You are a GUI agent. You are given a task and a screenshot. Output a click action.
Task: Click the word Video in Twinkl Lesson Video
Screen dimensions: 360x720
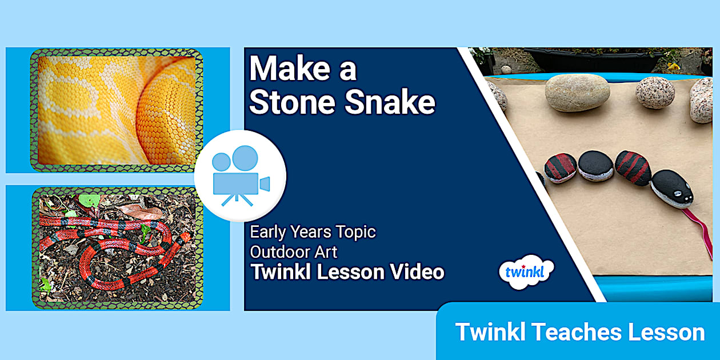pos(416,272)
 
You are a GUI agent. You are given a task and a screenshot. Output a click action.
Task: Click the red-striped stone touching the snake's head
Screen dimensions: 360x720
pos(633,167)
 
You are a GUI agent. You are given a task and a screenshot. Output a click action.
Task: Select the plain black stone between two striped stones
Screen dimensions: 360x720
pos(595,166)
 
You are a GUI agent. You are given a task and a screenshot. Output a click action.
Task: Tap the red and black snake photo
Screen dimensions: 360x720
pos(117,247)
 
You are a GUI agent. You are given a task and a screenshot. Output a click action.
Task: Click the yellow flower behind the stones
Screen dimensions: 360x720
pos(674,66)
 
